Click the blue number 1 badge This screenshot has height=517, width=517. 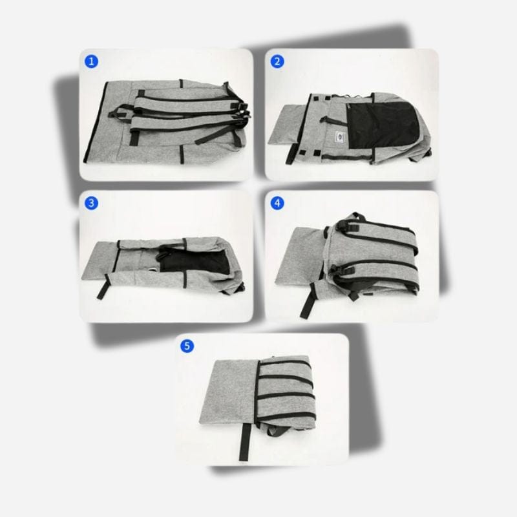point(91,61)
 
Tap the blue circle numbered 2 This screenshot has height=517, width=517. point(277,61)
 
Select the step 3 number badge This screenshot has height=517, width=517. point(91,203)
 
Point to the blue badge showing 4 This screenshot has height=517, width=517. point(277,203)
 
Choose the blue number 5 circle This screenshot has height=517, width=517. point(187,346)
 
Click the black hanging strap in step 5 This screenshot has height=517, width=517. point(245,441)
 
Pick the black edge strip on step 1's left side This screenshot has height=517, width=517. point(96,121)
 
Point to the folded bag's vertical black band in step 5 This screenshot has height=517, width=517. point(257,392)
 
